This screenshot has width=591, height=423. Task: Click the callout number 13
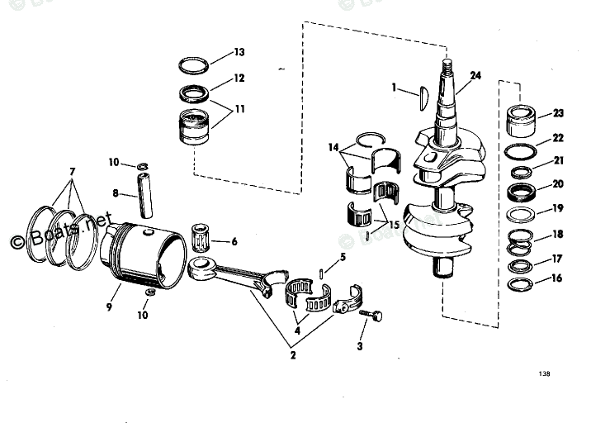[239, 52]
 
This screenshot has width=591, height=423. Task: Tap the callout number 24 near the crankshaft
[475, 75]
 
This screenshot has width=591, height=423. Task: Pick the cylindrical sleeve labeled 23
[522, 121]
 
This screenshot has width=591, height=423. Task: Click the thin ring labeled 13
[196, 64]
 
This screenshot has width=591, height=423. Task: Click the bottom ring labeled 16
[520, 286]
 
